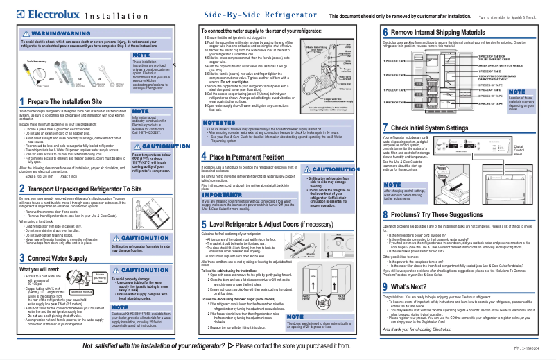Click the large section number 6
pos(385,33)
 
